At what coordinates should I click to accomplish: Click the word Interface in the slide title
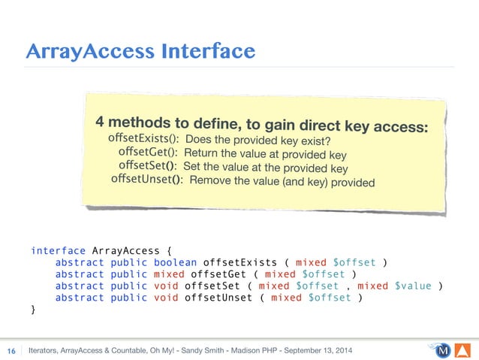(206, 51)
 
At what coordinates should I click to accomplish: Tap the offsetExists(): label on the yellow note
(143, 138)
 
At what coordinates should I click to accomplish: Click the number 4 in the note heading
(99, 122)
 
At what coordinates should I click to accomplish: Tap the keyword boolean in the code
(176, 262)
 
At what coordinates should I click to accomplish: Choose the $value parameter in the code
(413, 286)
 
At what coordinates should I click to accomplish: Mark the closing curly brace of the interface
(33, 309)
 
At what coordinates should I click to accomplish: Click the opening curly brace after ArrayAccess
(169, 250)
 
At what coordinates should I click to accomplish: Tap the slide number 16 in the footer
(12, 351)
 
